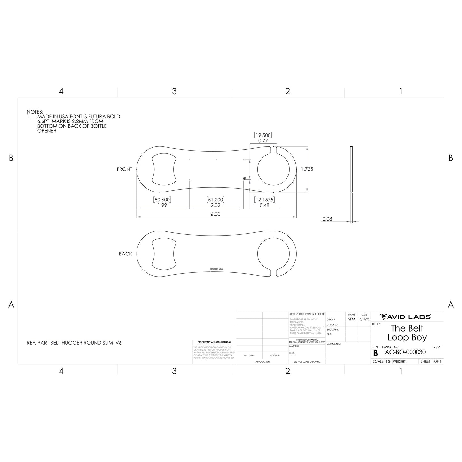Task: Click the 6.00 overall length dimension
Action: pos(215,214)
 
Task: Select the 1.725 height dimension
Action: pos(307,169)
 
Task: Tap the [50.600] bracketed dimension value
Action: pos(162,200)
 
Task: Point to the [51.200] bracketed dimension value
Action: pos(215,200)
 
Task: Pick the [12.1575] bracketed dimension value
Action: pos(264,200)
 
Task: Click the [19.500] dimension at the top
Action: pos(263,135)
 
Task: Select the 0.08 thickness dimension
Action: pos(327,219)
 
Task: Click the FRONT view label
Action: pos(124,169)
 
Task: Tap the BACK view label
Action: pos(125,254)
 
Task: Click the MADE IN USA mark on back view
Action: pos(216,269)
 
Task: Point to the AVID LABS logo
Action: pos(405,317)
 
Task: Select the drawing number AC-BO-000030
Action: pos(405,352)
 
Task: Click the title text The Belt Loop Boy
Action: pos(407,333)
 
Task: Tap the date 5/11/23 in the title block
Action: pos(364,319)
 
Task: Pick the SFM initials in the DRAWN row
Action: pos(351,319)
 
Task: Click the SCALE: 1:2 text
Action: pos(381,362)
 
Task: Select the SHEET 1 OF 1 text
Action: pos(431,362)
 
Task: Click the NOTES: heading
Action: pos(35,112)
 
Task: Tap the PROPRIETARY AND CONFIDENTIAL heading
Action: pos(214,342)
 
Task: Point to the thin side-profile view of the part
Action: pos(351,169)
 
